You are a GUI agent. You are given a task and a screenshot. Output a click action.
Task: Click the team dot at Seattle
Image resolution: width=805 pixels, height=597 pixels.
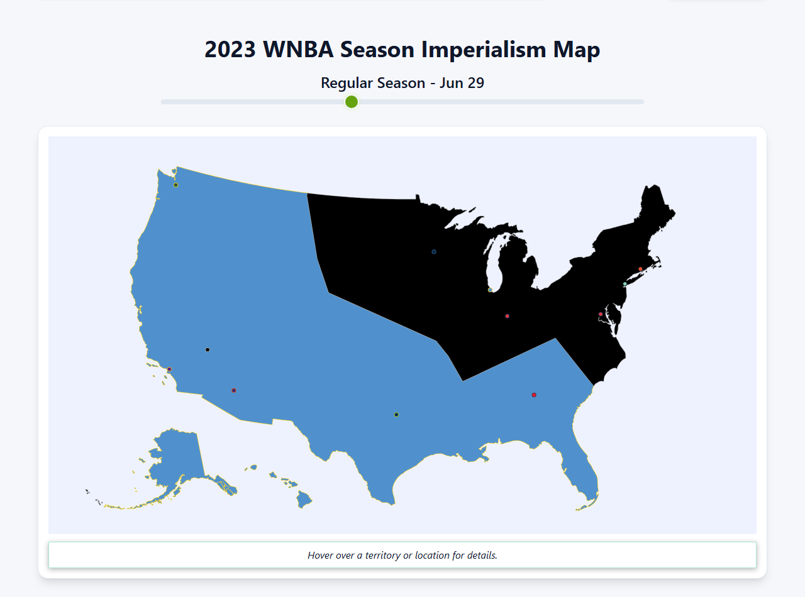coord(175,185)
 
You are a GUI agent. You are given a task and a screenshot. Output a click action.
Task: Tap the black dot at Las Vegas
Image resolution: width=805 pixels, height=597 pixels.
coord(208,349)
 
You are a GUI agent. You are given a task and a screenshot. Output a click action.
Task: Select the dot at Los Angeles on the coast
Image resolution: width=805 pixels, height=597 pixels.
coord(169,369)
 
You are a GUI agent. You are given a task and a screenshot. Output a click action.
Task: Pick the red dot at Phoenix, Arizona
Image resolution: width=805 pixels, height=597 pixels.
coord(234,390)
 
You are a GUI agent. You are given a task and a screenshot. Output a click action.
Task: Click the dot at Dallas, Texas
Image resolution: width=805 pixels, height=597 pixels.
coord(396,414)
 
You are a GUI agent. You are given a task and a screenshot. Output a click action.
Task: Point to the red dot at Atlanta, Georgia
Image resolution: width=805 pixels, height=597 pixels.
coord(534,395)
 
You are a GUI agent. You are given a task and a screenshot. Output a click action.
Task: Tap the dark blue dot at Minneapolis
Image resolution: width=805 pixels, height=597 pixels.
coord(434,252)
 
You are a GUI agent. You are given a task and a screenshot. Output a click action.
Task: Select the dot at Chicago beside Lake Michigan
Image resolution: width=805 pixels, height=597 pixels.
coord(490,290)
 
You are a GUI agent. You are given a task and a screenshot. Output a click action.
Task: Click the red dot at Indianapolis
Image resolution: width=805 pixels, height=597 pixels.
coord(508,316)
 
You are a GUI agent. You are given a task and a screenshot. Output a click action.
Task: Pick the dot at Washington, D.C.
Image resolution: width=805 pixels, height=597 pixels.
coord(601,314)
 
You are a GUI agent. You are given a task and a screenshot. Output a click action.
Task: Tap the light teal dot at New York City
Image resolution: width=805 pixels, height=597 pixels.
coord(625,284)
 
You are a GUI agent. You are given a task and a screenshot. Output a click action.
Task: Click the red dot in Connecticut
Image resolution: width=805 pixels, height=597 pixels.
coord(641,269)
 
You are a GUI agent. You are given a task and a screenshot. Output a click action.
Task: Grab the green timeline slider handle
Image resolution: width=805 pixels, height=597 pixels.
coord(352,102)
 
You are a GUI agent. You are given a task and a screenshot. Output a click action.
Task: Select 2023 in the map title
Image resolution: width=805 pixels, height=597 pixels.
coord(230,50)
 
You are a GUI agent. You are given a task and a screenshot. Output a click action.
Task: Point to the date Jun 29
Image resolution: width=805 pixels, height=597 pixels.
coord(462,83)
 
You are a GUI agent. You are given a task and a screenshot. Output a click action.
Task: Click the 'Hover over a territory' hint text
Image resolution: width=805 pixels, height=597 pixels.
coord(402,555)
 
